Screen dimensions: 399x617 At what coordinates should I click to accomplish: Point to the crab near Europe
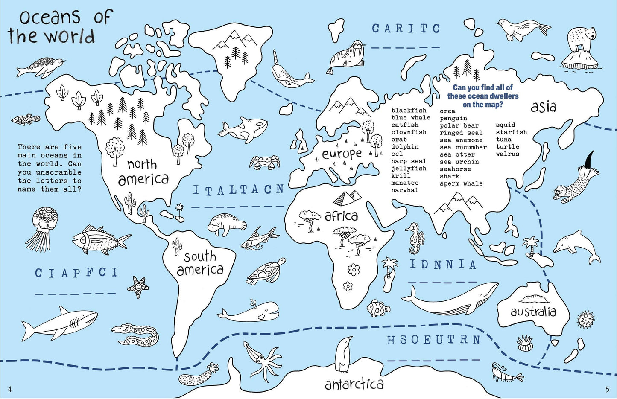[264, 162]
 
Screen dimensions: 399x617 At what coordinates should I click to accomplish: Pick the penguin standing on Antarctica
[343, 354]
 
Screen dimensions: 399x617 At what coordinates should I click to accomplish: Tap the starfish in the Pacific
[138, 287]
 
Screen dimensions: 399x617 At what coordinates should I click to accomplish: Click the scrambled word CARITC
[406, 29]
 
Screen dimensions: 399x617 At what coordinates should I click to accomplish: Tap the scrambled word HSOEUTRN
[434, 340]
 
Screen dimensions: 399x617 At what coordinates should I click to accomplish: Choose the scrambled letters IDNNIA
[443, 265]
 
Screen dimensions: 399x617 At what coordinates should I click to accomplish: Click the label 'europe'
[342, 154]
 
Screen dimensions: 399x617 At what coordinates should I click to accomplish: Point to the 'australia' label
[533, 312]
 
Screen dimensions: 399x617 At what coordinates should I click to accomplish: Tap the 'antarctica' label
[354, 384]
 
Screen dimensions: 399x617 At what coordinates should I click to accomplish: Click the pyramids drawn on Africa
[347, 197]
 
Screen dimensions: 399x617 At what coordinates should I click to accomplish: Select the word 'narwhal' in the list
[405, 190]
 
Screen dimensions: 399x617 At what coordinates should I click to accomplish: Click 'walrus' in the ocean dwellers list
[508, 154]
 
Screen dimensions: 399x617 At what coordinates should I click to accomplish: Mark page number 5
[607, 389]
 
